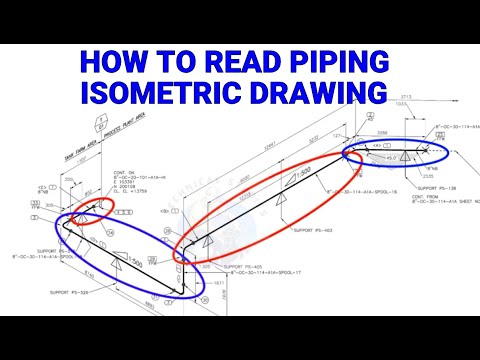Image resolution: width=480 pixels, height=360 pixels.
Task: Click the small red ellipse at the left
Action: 92,209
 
